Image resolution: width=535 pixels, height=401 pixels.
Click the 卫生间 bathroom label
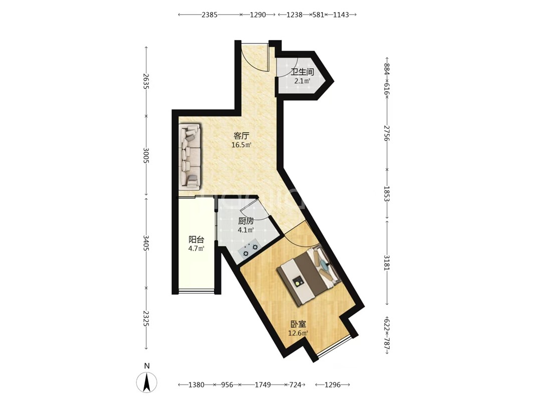302,72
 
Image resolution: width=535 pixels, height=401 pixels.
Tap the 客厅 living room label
241,136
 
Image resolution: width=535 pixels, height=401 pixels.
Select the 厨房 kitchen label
246,221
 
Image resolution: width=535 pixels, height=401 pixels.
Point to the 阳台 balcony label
196,240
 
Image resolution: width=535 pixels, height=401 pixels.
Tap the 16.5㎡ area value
241,145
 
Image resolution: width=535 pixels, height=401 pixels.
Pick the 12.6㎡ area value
298,333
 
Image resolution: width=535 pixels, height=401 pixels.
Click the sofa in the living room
190,156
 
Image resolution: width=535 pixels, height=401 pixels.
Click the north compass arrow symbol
147,382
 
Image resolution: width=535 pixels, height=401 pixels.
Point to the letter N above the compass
147,366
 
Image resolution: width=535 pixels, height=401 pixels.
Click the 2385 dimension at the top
209,15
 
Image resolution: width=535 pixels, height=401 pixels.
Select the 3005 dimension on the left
146,155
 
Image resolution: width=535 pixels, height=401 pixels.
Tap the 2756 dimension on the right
387,133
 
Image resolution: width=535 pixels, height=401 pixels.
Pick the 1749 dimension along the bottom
263,385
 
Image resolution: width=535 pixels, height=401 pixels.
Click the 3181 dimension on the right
387,262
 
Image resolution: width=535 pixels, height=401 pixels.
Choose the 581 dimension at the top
318,15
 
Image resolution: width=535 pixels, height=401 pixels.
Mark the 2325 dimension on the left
146,318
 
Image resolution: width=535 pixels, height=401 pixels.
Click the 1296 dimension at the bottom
332,385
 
